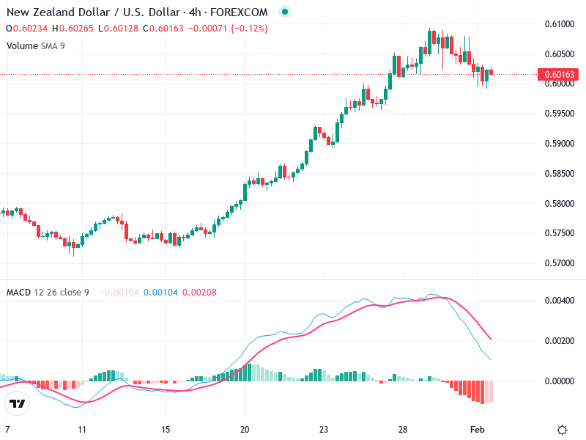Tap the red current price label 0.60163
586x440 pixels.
point(558,74)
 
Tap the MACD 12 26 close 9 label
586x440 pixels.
point(48,293)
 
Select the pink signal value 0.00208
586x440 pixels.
point(199,293)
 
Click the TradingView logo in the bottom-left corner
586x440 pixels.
point(17,403)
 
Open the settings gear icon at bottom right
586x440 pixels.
point(563,430)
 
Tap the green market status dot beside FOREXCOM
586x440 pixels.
point(285,12)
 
